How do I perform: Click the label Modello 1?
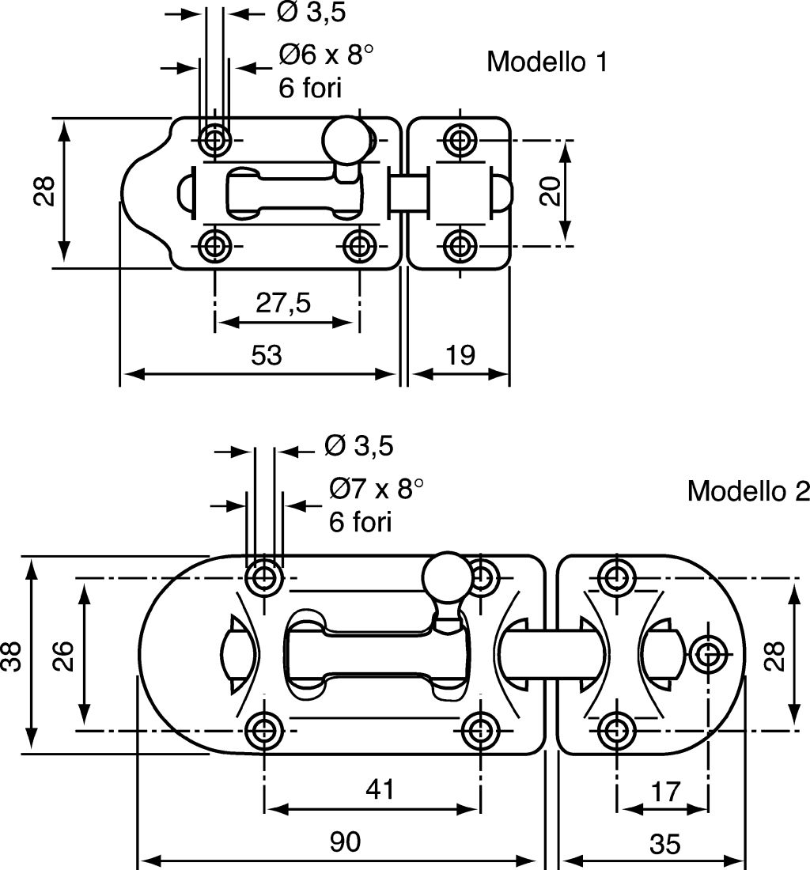click(547, 62)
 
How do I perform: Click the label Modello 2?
click(748, 490)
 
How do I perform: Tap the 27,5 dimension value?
click(283, 303)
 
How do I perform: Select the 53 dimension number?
click(267, 355)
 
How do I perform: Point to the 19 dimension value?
click(460, 355)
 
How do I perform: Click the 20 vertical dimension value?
click(551, 191)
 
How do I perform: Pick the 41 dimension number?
click(380, 789)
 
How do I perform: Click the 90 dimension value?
click(345, 842)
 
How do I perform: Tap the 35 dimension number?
click(664, 845)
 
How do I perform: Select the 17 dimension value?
click(665, 792)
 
